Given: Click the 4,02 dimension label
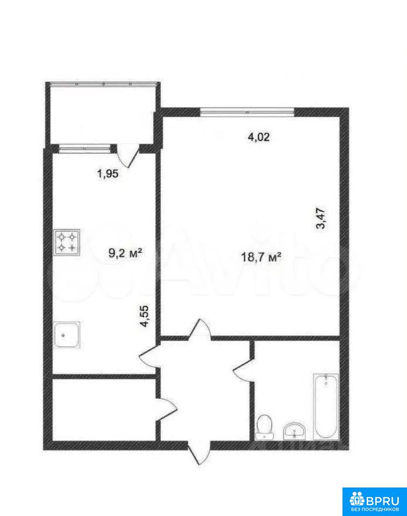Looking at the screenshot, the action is [x=259, y=137].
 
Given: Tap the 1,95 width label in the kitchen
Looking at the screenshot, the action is [x=108, y=174].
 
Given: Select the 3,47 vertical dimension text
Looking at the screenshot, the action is [x=320, y=219].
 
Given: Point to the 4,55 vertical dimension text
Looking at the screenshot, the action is [x=145, y=316].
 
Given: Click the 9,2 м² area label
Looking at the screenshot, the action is [x=125, y=253].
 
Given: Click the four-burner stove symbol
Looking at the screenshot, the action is [x=67, y=242].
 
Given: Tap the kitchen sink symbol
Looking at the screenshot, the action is [x=67, y=334].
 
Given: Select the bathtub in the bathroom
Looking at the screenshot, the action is [x=326, y=406].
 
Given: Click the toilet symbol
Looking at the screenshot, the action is [x=265, y=427].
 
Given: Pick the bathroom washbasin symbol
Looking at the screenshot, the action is [x=295, y=431].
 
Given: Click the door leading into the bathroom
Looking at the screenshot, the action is [x=244, y=370].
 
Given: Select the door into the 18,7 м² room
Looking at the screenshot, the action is [x=199, y=329].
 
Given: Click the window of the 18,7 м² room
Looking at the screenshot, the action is [x=247, y=112].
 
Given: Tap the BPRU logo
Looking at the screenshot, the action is [x=375, y=501].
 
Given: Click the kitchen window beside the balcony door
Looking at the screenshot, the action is [x=84, y=149].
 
